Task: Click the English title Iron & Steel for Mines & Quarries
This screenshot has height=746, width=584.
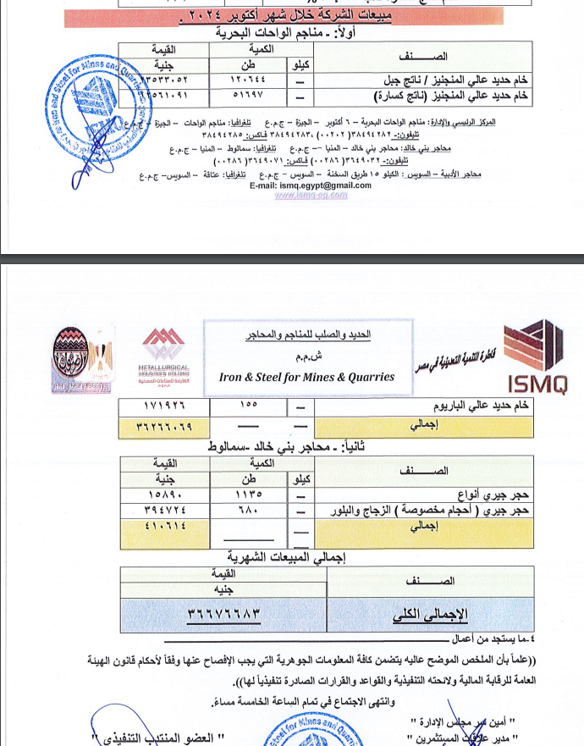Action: [x=306, y=377]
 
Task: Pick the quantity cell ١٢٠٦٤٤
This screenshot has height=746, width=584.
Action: [x=249, y=81]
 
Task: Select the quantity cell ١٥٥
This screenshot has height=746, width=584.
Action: [x=249, y=406]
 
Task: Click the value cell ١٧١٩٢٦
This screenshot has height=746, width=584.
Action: [x=163, y=406]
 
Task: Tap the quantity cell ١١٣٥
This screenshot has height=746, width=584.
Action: [x=249, y=494]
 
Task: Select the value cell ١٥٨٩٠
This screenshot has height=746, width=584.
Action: [x=163, y=494]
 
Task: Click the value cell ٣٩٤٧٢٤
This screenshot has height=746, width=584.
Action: [x=163, y=510]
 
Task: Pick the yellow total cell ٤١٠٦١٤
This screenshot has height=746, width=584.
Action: [x=163, y=527]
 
